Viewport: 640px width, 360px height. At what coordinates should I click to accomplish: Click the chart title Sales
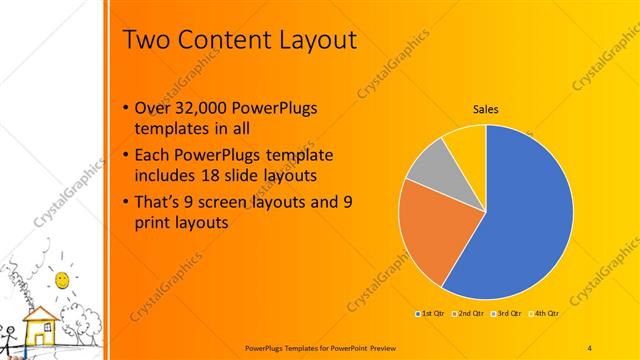point(486,109)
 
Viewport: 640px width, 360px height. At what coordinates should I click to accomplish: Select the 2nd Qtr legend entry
point(470,313)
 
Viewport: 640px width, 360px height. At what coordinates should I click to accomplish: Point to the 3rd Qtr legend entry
point(508,313)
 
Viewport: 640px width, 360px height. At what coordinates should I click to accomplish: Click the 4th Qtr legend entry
point(546,313)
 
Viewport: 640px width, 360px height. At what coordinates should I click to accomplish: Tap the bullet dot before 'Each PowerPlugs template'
point(124,157)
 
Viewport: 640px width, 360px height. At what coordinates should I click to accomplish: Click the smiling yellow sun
point(62,277)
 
